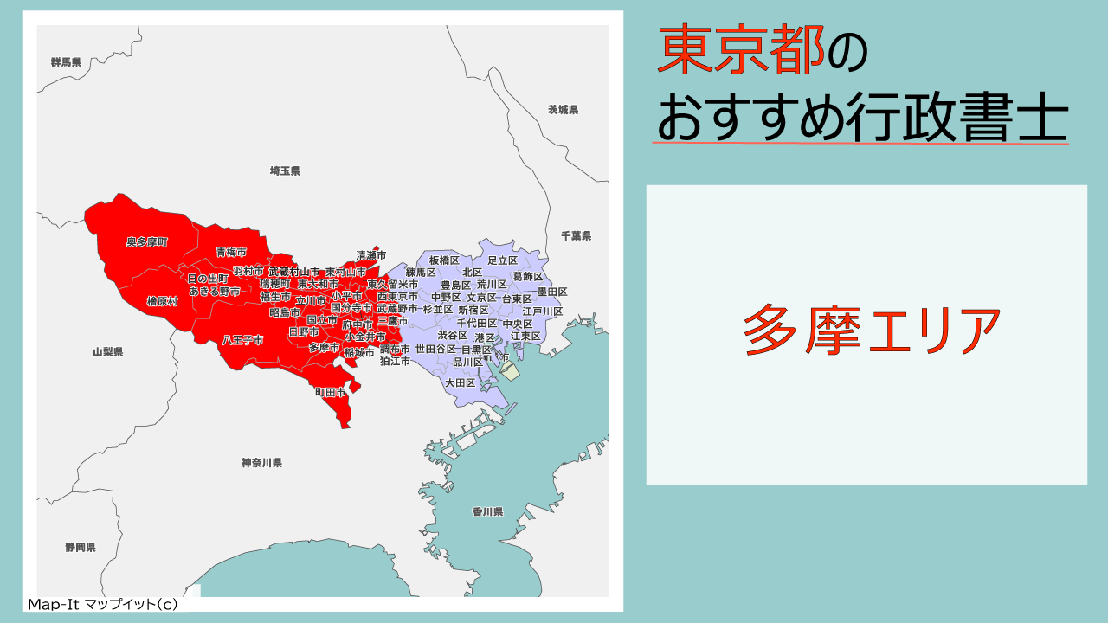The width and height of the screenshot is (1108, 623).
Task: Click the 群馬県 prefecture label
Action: pos(66,62)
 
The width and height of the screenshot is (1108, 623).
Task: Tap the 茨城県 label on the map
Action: pos(563,110)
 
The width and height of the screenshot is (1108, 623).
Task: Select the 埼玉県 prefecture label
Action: pos(285,171)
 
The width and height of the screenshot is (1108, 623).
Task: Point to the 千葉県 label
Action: pos(576,235)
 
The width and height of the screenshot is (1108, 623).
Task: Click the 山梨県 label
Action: pos(108,352)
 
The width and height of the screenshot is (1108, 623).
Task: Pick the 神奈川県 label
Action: pos(261,463)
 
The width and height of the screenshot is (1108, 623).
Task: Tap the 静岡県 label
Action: pos(81,548)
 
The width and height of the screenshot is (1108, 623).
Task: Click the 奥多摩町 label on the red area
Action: pos(147,241)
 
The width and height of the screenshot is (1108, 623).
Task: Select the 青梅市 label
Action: pos(231,252)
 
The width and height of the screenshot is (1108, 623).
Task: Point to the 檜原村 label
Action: pos(162,301)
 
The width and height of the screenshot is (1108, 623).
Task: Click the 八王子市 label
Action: pos(242,340)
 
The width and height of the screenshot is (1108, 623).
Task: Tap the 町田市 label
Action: pos(330,393)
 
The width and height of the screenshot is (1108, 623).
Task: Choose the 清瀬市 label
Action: pos(371,255)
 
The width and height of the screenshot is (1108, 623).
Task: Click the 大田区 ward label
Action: pos(461,382)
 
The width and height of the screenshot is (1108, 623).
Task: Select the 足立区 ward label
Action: pos(502,260)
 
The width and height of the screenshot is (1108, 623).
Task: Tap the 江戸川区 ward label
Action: pos(543,311)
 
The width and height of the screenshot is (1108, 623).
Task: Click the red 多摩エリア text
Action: pos(866,332)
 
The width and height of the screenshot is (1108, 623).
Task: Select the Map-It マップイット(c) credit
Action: pos(103,605)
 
